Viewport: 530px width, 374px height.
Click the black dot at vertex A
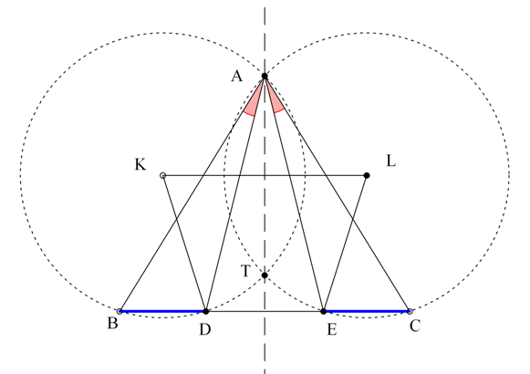coord(265,76)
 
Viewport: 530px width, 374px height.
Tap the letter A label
coord(237,76)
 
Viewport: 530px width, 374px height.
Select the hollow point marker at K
coord(162,175)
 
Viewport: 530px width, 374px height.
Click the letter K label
coord(140,164)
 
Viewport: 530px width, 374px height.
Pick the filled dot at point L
coord(367,175)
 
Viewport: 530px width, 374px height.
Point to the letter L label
coord(390,161)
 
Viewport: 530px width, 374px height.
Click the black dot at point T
coord(265,275)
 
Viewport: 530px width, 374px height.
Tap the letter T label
coord(245,271)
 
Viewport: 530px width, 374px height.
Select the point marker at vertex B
coord(120,311)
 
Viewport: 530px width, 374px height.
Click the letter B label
coord(113,323)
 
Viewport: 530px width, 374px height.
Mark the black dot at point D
coord(205,311)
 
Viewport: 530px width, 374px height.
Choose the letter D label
coord(205,329)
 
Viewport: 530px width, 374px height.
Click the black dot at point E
coord(324,311)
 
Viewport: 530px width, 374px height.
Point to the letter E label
coord(332,329)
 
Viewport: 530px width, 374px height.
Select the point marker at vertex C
coord(410,311)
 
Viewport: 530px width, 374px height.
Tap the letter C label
coord(415,326)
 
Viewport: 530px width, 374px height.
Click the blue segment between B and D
coord(162,311)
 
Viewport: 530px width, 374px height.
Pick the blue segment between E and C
coord(367,311)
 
